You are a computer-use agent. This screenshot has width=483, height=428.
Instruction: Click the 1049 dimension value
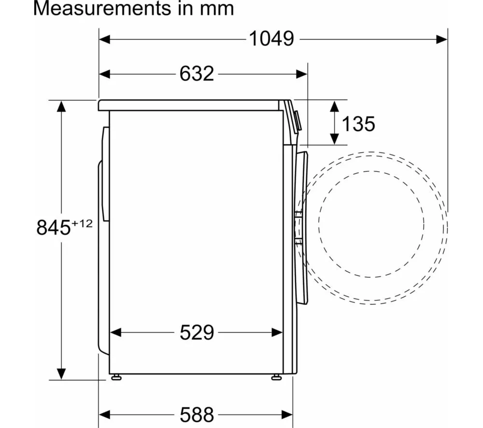click(271, 39)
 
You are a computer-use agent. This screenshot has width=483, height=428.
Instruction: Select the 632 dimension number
click(197, 74)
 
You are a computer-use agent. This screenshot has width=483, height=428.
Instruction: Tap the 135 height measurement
click(358, 124)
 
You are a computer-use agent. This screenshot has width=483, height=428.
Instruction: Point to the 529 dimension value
click(197, 332)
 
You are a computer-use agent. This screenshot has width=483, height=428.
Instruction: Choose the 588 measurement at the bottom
click(197, 415)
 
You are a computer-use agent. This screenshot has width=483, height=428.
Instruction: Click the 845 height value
click(54, 228)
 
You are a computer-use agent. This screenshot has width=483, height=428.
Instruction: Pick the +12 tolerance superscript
click(82, 223)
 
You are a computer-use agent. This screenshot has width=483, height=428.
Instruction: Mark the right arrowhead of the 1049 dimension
click(442, 40)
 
